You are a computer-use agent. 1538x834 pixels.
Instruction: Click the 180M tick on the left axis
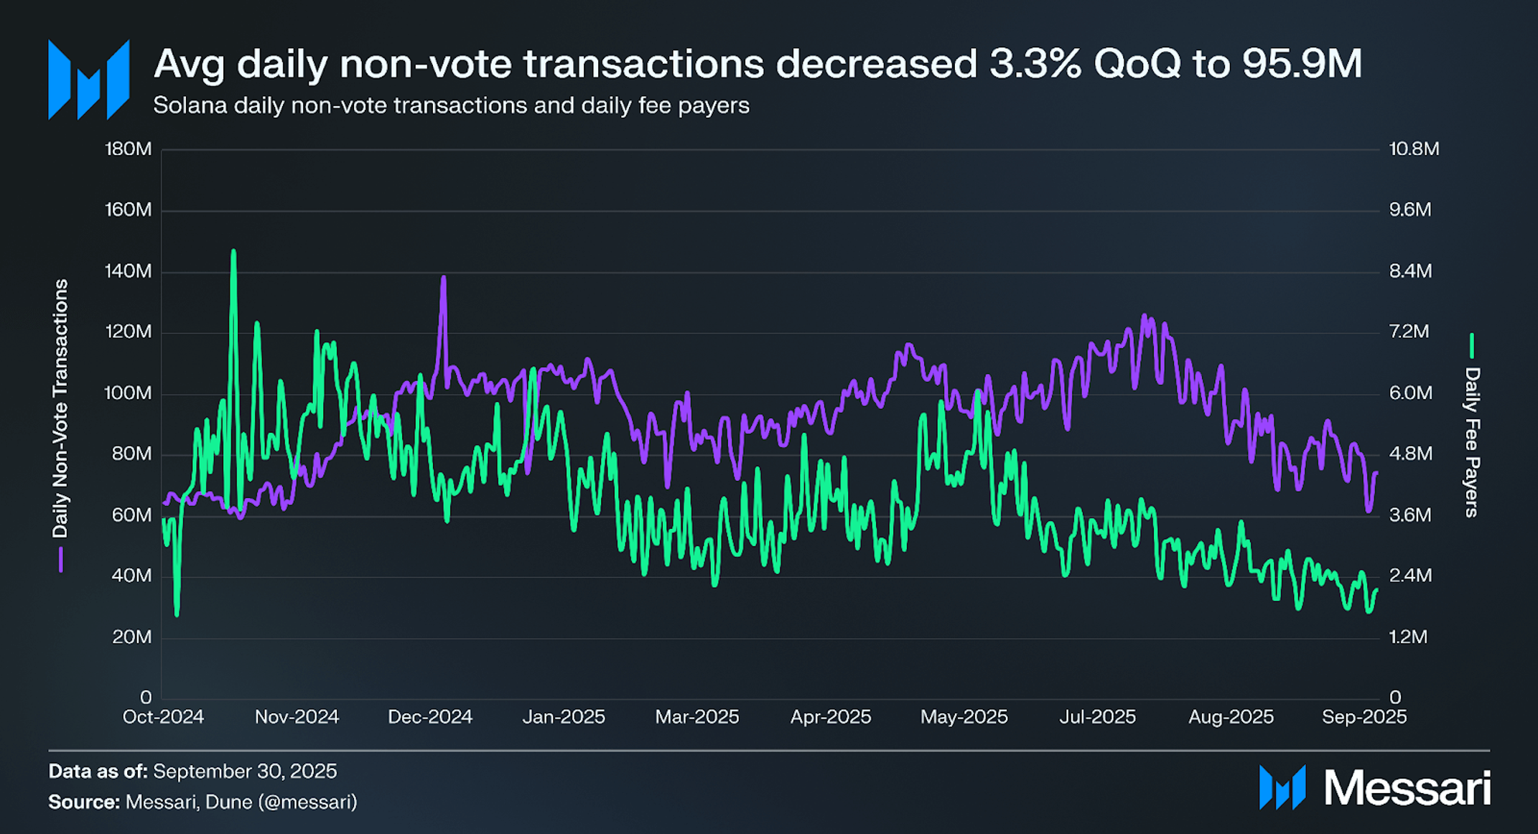129,149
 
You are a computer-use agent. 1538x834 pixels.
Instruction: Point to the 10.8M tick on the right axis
1413,149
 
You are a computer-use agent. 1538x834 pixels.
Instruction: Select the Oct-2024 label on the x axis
163,717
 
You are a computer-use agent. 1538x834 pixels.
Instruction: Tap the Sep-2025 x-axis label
1364,717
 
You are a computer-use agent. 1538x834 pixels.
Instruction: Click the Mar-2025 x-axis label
696,717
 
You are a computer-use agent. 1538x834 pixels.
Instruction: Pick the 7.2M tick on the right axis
1409,332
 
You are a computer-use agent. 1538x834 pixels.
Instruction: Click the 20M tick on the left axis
131,637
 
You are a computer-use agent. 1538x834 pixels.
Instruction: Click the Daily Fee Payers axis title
1472,441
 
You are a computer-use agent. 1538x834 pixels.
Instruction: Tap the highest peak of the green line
233,251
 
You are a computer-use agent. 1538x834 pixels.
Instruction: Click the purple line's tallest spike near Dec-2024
443,278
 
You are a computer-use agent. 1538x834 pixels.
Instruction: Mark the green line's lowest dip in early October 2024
177,614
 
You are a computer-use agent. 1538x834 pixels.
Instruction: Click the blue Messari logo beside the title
89,80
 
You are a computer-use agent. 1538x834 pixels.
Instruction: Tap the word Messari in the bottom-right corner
1407,788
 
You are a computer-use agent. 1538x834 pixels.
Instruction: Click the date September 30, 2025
245,772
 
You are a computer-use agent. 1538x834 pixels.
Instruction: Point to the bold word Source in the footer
83,802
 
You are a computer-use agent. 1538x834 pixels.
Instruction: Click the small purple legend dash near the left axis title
61,560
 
